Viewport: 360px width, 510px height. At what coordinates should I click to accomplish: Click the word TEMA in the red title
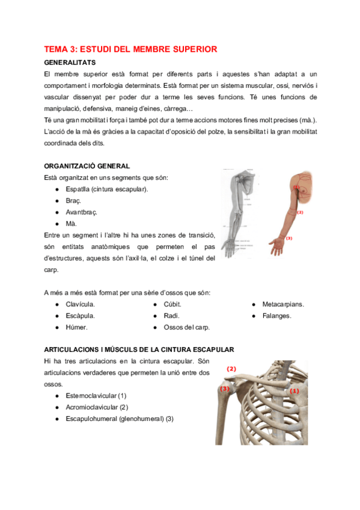[56, 49]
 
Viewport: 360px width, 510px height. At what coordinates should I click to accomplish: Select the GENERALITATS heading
[69, 62]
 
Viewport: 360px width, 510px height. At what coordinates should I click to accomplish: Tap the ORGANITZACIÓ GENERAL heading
[87, 166]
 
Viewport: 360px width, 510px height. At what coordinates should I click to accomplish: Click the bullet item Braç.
[73, 201]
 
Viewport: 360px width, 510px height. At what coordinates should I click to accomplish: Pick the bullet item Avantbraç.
[81, 212]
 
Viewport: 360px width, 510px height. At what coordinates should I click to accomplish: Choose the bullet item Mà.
[71, 224]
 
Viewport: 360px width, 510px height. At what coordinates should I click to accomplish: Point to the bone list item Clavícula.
[81, 304]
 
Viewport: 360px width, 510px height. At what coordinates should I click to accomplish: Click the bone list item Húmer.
[76, 327]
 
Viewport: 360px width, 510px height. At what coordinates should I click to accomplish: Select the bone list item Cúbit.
[172, 304]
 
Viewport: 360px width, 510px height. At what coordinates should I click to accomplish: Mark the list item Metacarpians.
[283, 304]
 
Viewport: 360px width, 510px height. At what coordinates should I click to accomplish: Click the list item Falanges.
[276, 316]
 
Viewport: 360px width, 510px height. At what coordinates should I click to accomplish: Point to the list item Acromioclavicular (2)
[97, 407]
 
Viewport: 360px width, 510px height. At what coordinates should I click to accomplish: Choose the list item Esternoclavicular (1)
[96, 396]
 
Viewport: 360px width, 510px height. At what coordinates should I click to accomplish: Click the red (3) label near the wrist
[288, 239]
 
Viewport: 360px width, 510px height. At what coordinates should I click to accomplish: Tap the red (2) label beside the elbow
[299, 212]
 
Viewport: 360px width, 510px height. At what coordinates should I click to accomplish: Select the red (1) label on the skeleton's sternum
[294, 390]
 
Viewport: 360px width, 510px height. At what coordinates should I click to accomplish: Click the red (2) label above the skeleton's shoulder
[231, 369]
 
